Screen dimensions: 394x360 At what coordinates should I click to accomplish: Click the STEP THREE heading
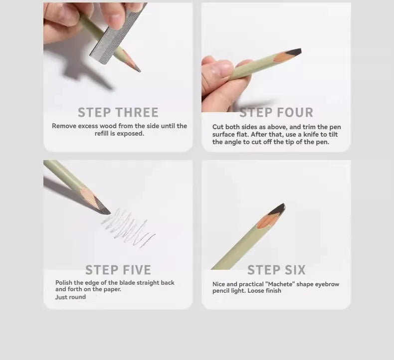(118, 113)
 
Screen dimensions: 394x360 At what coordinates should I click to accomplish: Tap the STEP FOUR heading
(276, 113)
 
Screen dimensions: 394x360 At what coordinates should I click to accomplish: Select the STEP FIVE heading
(118, 270)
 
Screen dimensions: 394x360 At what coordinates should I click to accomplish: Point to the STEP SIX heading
(276, 270)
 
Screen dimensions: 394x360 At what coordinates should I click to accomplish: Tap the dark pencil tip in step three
(138, 69)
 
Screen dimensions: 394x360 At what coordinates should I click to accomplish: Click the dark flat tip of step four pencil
(293, 53)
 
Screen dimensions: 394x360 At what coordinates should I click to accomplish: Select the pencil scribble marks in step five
(128, 227)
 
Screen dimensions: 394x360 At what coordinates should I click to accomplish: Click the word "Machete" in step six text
(280, 284)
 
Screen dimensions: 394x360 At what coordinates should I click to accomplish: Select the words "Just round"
(70, 297)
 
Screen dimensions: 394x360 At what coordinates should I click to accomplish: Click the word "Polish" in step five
(64, 283)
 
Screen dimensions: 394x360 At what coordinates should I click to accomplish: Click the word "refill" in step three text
(102, 134)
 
